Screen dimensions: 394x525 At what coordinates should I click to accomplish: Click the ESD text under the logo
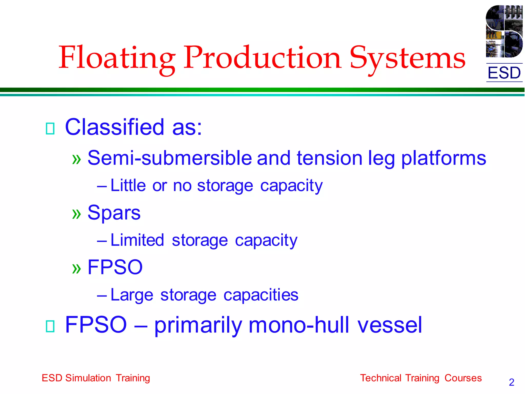[x=504, y=73]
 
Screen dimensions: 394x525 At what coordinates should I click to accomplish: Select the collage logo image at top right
[x=504, y=31]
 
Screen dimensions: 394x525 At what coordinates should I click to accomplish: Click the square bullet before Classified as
[x=50, y=129]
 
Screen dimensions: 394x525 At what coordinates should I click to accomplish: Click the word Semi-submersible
[x=170, y=158]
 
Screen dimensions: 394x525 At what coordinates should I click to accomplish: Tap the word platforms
[x=443, y=159]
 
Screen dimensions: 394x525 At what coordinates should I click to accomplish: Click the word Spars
[x=114, y=213]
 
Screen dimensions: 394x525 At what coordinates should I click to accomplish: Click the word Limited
[x=137, y=240]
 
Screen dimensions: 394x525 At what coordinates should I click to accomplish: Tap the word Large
[x=132, y=295]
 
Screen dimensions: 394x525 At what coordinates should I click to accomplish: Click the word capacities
[x=261, y=295]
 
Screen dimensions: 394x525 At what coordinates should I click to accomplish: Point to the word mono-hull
[x=299, y=325]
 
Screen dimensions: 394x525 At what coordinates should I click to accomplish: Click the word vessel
[x=389, y=325]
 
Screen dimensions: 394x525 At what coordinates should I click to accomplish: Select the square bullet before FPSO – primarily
[x=50, y=326]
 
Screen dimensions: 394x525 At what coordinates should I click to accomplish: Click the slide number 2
[x=511, y=382]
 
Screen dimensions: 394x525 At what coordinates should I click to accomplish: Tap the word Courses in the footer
[x=463, y=378]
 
